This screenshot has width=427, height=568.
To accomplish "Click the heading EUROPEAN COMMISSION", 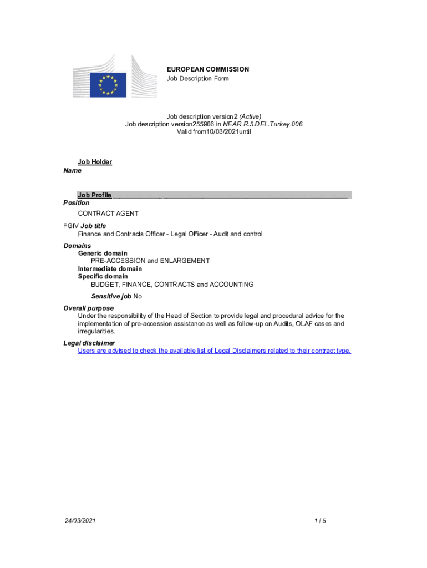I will (208, 69).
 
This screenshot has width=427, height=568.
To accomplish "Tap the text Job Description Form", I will (197, 79).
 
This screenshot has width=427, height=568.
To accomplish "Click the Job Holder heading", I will (95, 162).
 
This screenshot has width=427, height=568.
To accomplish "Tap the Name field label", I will (72, 171).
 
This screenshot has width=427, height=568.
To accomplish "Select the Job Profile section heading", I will (95, 195).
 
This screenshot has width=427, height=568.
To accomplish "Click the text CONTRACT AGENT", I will (108, 214).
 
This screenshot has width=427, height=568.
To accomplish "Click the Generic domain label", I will (103, 253).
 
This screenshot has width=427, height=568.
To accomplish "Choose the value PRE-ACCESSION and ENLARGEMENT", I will (150, 261).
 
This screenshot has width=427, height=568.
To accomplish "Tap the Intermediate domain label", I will (110, 269).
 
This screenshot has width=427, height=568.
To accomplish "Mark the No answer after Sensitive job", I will (138, 296).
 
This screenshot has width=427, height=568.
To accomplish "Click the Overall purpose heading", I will (89, 308).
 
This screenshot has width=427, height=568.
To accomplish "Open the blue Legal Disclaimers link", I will (214, 351).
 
